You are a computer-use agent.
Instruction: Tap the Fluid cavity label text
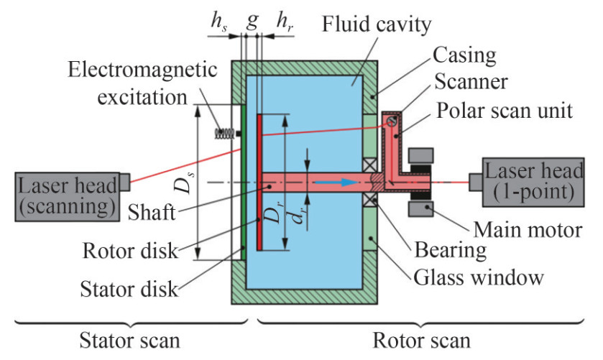[x=366, y=26]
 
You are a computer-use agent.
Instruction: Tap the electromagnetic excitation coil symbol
[x=226, y=134]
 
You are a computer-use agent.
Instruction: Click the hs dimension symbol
[x=218, y=22]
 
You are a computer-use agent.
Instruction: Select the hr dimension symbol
[x=285, y=22]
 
